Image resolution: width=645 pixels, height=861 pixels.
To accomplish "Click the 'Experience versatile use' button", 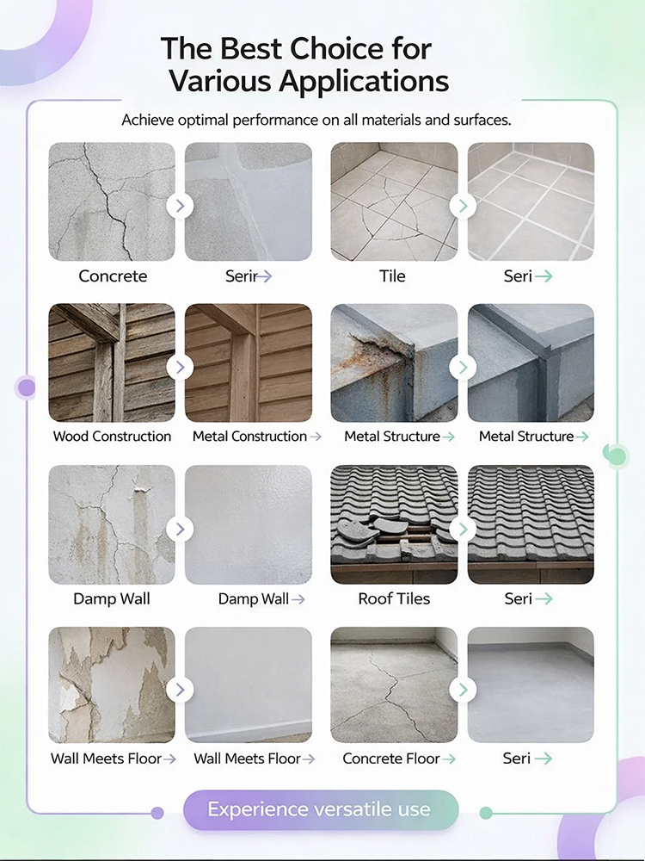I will pyautogui.click(x=320, y=809).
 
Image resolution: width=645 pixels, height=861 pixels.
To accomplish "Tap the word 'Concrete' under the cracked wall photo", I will pyautogui.click(x=113, y=276).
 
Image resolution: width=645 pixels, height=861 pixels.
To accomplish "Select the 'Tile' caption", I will pyautogui.click(x=393, y=276).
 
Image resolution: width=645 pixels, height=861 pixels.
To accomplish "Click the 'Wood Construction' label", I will pyautogui.click(x=112, y=437).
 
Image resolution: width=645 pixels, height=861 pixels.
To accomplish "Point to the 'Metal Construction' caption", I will pyautogui.click(x=249, y=437).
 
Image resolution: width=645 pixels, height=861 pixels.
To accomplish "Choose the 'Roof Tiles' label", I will pyautogui.click(x=394, y=598).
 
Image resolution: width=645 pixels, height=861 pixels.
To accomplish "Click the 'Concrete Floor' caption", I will pyautogui.click(x=391, y=759).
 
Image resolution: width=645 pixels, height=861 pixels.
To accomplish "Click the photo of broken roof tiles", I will pyautogui.click(x=394, y=524).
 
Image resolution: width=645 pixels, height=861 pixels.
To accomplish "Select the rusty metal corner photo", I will pyautogui.click(x=394, y=362).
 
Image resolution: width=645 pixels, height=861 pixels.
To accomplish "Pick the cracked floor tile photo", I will pyautogui.click(x=394, y=201).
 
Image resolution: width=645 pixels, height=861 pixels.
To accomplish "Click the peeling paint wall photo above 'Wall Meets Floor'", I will pyautogui.click(x=112, y=684).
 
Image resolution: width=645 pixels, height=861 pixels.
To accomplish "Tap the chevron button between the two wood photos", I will pyautogui.click(x=180, y=367).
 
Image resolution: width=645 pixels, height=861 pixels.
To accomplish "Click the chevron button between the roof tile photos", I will pyautogui.click(x=463, y=528).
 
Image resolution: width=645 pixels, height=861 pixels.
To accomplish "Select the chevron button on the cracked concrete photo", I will pyautogui.click(x=180, y=206).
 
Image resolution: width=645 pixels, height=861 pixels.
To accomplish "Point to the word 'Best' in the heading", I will pyautogui.click(x=249, y=48).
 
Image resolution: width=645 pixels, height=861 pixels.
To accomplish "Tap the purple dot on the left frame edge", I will pyautogui.click(x=27, y=387).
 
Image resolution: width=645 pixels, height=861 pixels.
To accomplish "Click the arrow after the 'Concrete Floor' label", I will pyautogui.click(x=449, y=759).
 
